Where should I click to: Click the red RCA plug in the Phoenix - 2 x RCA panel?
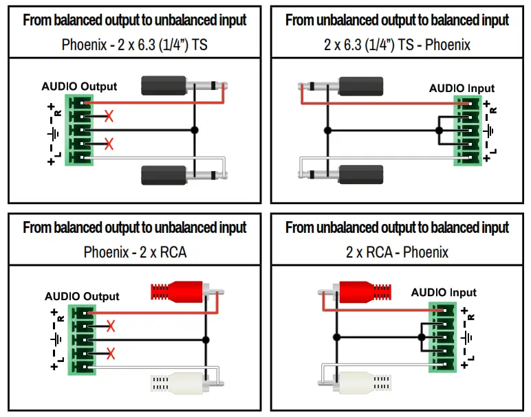(x=178, y=292)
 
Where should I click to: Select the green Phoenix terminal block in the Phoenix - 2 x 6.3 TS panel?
(x=79, y=130)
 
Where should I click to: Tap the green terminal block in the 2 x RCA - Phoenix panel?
(x=441, y=337)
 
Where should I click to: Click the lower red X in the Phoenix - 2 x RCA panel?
(x=110, y=354)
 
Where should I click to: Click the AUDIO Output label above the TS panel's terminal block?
(x=79, y=87)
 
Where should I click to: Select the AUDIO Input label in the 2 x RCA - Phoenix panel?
(x=443, y=293)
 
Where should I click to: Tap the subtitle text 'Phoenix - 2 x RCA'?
(x=135, y=252)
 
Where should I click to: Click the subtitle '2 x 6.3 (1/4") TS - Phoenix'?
(x=397, y=45)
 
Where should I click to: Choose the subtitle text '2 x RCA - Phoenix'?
(x=397, y=252)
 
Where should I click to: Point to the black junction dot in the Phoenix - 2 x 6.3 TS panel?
(x=195, y=130)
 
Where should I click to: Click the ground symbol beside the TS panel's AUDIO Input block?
(x=490, y=130)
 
